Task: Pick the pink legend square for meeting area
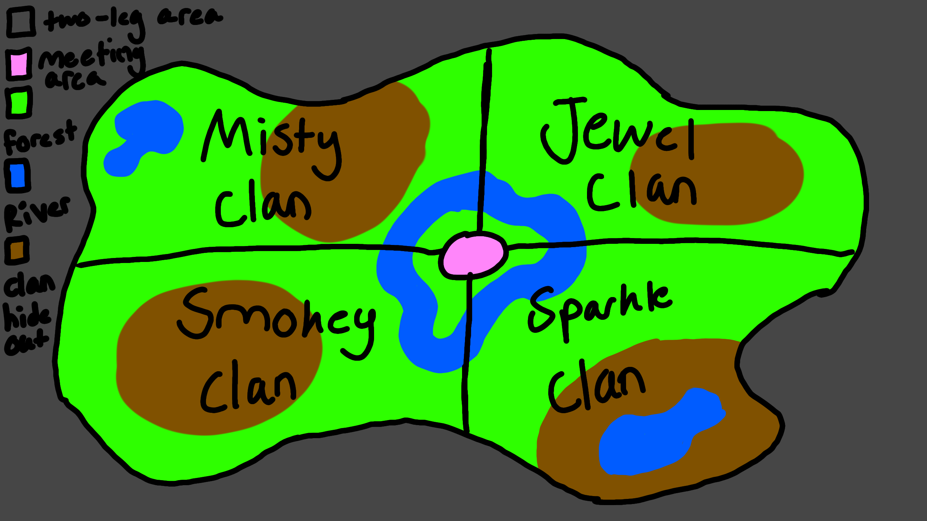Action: (19, 64)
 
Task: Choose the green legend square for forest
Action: (19, 102)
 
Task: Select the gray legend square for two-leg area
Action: (21, 22)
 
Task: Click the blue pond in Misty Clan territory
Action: (145, 134)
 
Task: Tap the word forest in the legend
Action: (40, 137)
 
